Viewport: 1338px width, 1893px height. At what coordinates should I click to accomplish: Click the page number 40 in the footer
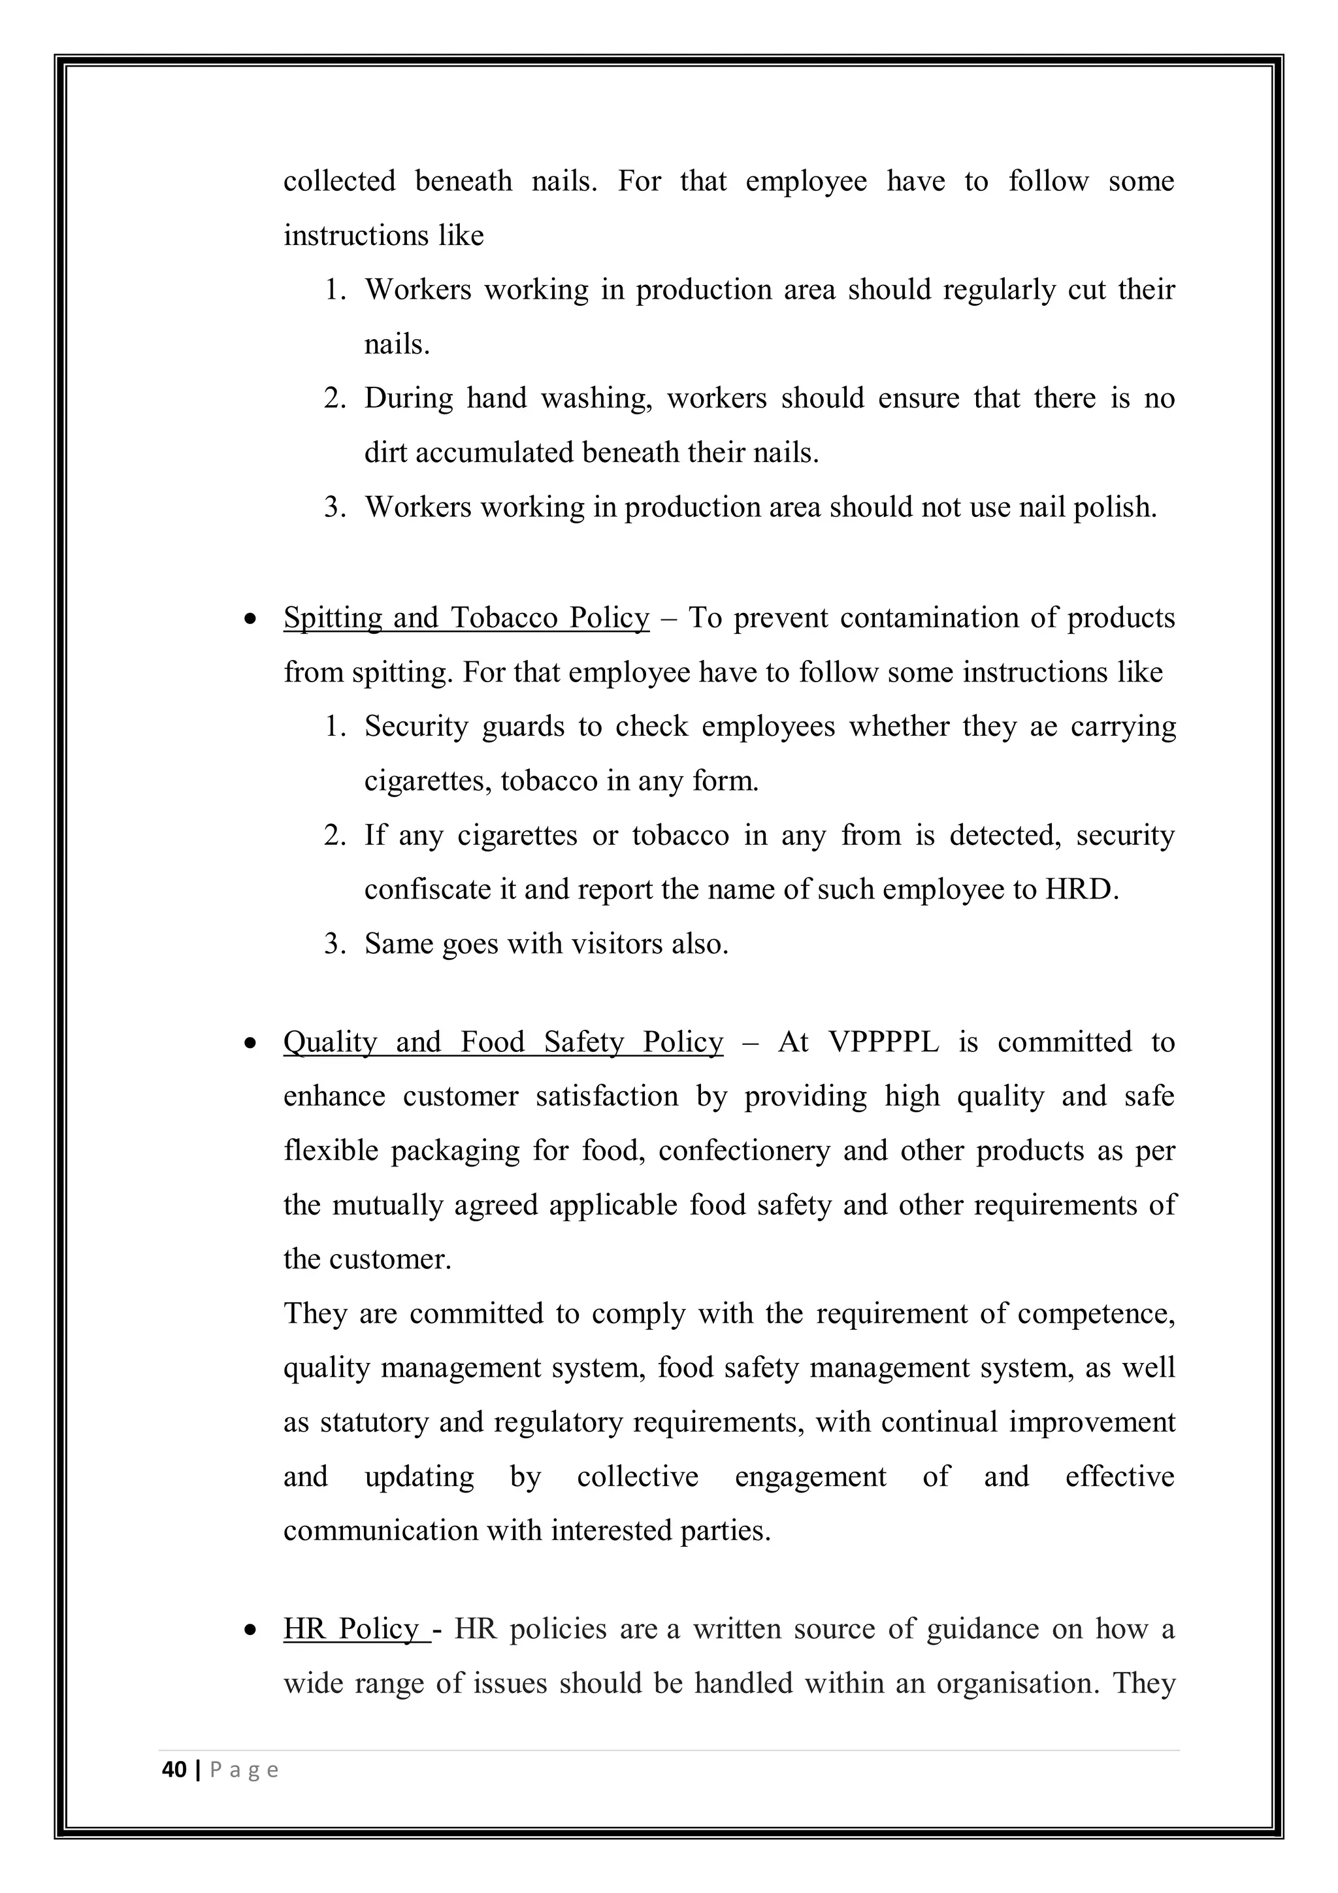174,1770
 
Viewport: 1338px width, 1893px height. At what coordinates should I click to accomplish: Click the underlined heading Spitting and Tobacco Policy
466,617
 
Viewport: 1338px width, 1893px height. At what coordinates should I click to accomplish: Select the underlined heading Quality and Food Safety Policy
503,1042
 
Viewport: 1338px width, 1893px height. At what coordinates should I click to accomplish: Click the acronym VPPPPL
884,1042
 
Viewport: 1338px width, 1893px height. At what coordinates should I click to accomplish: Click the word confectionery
743,1151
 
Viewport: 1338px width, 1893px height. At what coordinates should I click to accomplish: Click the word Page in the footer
244,1770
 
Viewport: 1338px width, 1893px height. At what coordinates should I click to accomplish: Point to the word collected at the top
339,182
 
